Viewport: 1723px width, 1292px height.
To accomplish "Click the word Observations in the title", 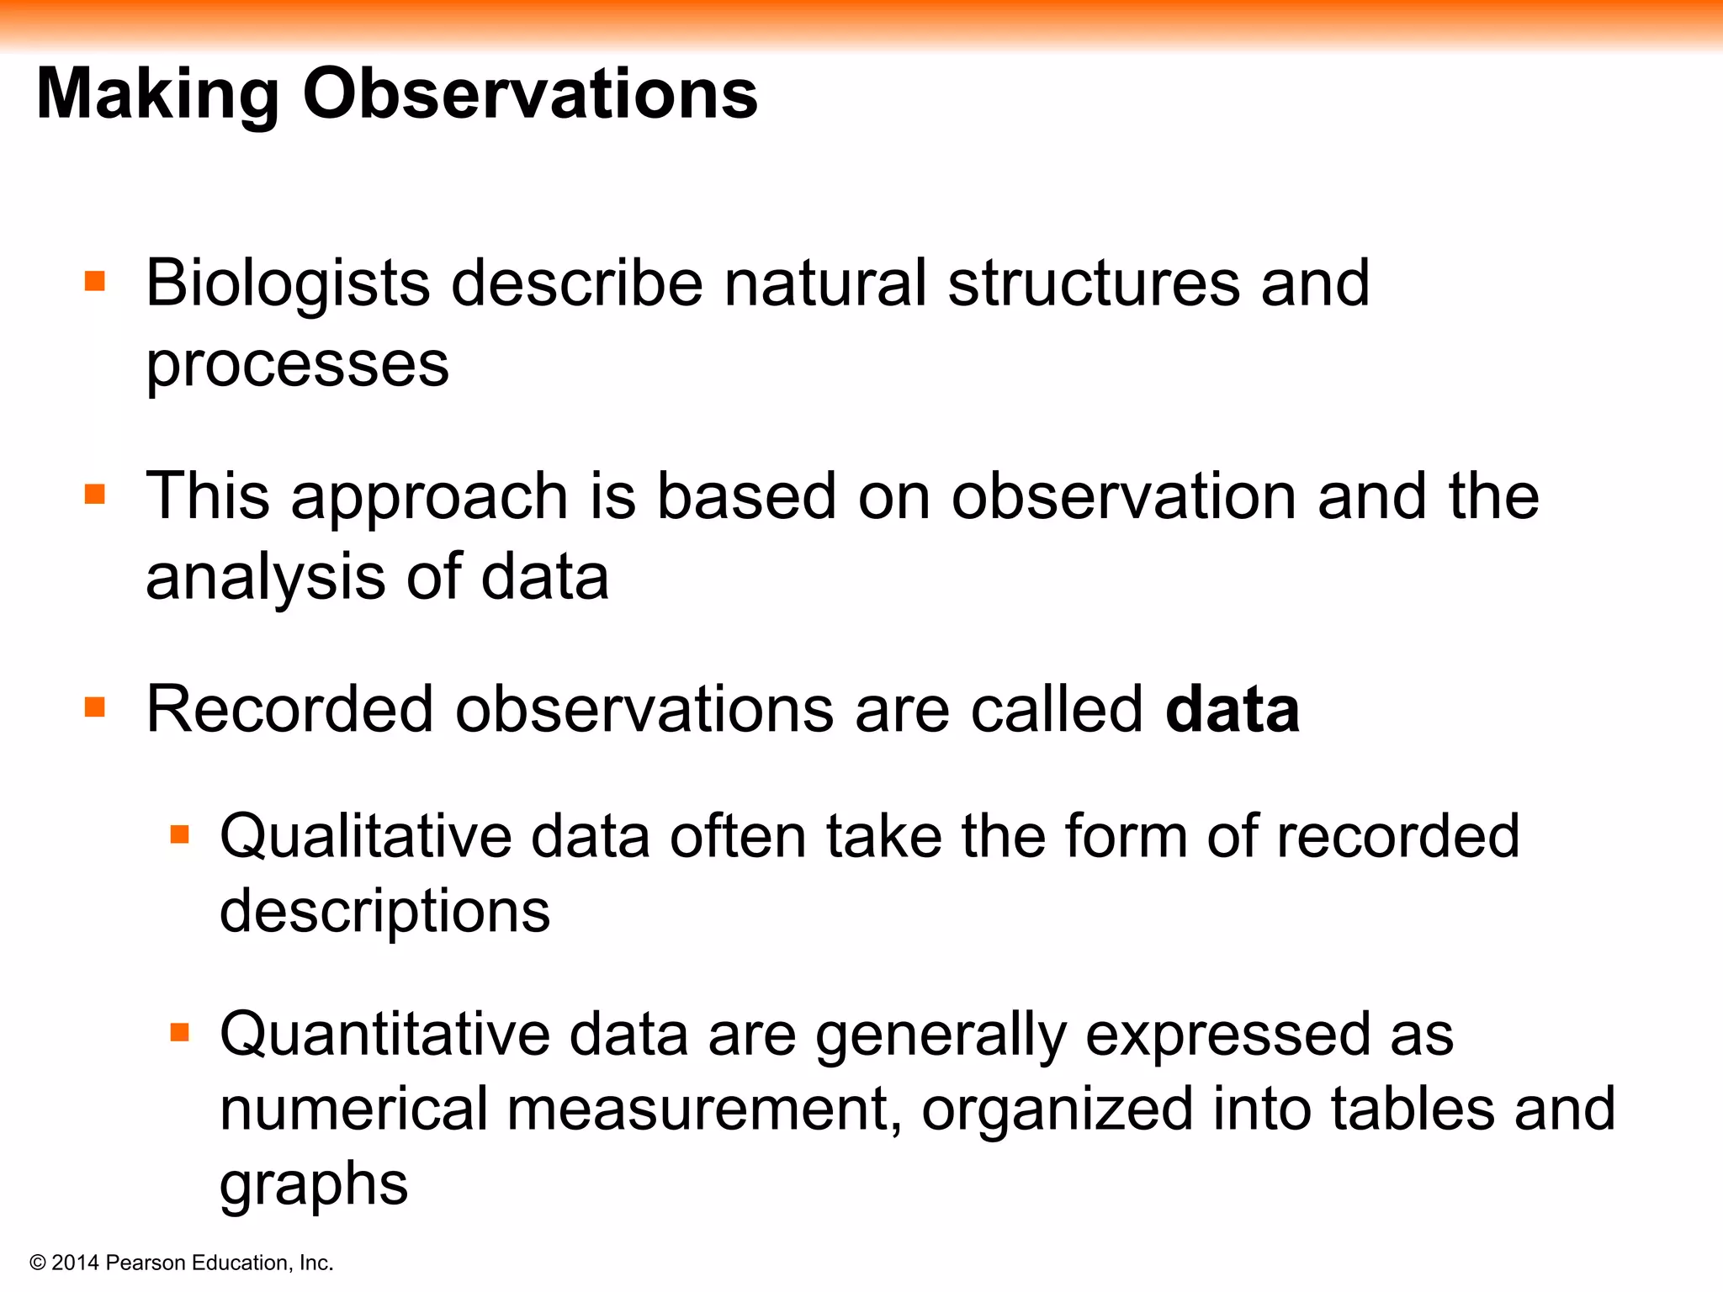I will [x=530, y=94].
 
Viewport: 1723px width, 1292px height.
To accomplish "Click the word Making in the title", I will [x=157, y=94].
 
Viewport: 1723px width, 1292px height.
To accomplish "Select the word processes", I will [x=297, y=366].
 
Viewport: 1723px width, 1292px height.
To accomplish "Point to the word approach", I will [x=429, y=498].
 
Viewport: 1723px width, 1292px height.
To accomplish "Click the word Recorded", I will [x=289, y=710].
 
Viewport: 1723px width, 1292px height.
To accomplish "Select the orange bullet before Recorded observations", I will [x=95, y=707].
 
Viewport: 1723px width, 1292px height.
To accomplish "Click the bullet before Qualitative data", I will [x=180, y=834].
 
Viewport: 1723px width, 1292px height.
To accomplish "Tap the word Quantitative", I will [x=384, y=1035].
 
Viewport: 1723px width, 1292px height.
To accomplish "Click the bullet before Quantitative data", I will [x=180, y=1032].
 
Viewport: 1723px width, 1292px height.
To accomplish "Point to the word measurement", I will [x=704, y=1109].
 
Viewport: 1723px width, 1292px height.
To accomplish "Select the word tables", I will [x=1413, y=1109].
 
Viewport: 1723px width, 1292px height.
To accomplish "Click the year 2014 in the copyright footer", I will [x=76, y=1263].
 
